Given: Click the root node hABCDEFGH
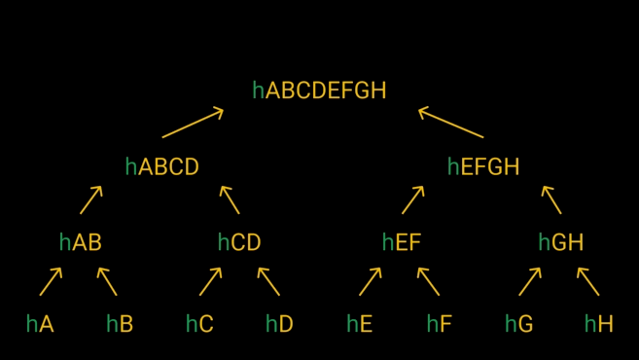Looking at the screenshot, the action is click(x=319, y=90).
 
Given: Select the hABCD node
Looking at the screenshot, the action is click(x=161, y=167).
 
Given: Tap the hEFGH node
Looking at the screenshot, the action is click(x=483, y=167).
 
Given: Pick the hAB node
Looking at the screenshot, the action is click(x=80, y=242).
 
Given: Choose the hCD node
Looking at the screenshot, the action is click(x=239, y=242).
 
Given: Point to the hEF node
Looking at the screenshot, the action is click(x=402, y=242).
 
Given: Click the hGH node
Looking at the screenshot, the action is click(x=561, y=242).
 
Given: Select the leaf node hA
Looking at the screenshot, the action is click(x=40, y=324).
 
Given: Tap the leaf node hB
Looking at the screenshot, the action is click(x=120, y=324).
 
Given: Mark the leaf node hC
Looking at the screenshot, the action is click(x=199, y=324).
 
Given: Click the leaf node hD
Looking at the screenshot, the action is click(x=279, y=324).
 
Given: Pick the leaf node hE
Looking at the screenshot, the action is click(x=360, y=324).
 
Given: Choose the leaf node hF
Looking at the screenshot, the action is click(x=440, y=324).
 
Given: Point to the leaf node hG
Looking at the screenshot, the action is click(x=519, y=324).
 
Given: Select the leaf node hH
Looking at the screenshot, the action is click(x=599, y=324).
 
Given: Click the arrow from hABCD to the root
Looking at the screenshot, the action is click(x=193, y=124).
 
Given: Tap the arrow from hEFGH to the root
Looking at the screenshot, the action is click(x=450, y=124).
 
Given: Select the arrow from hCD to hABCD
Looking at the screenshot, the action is click(x=230, y=199).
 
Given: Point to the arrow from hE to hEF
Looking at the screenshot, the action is click(x=370, y=281).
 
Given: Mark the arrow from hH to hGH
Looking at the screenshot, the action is click(x=588, y=281).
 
